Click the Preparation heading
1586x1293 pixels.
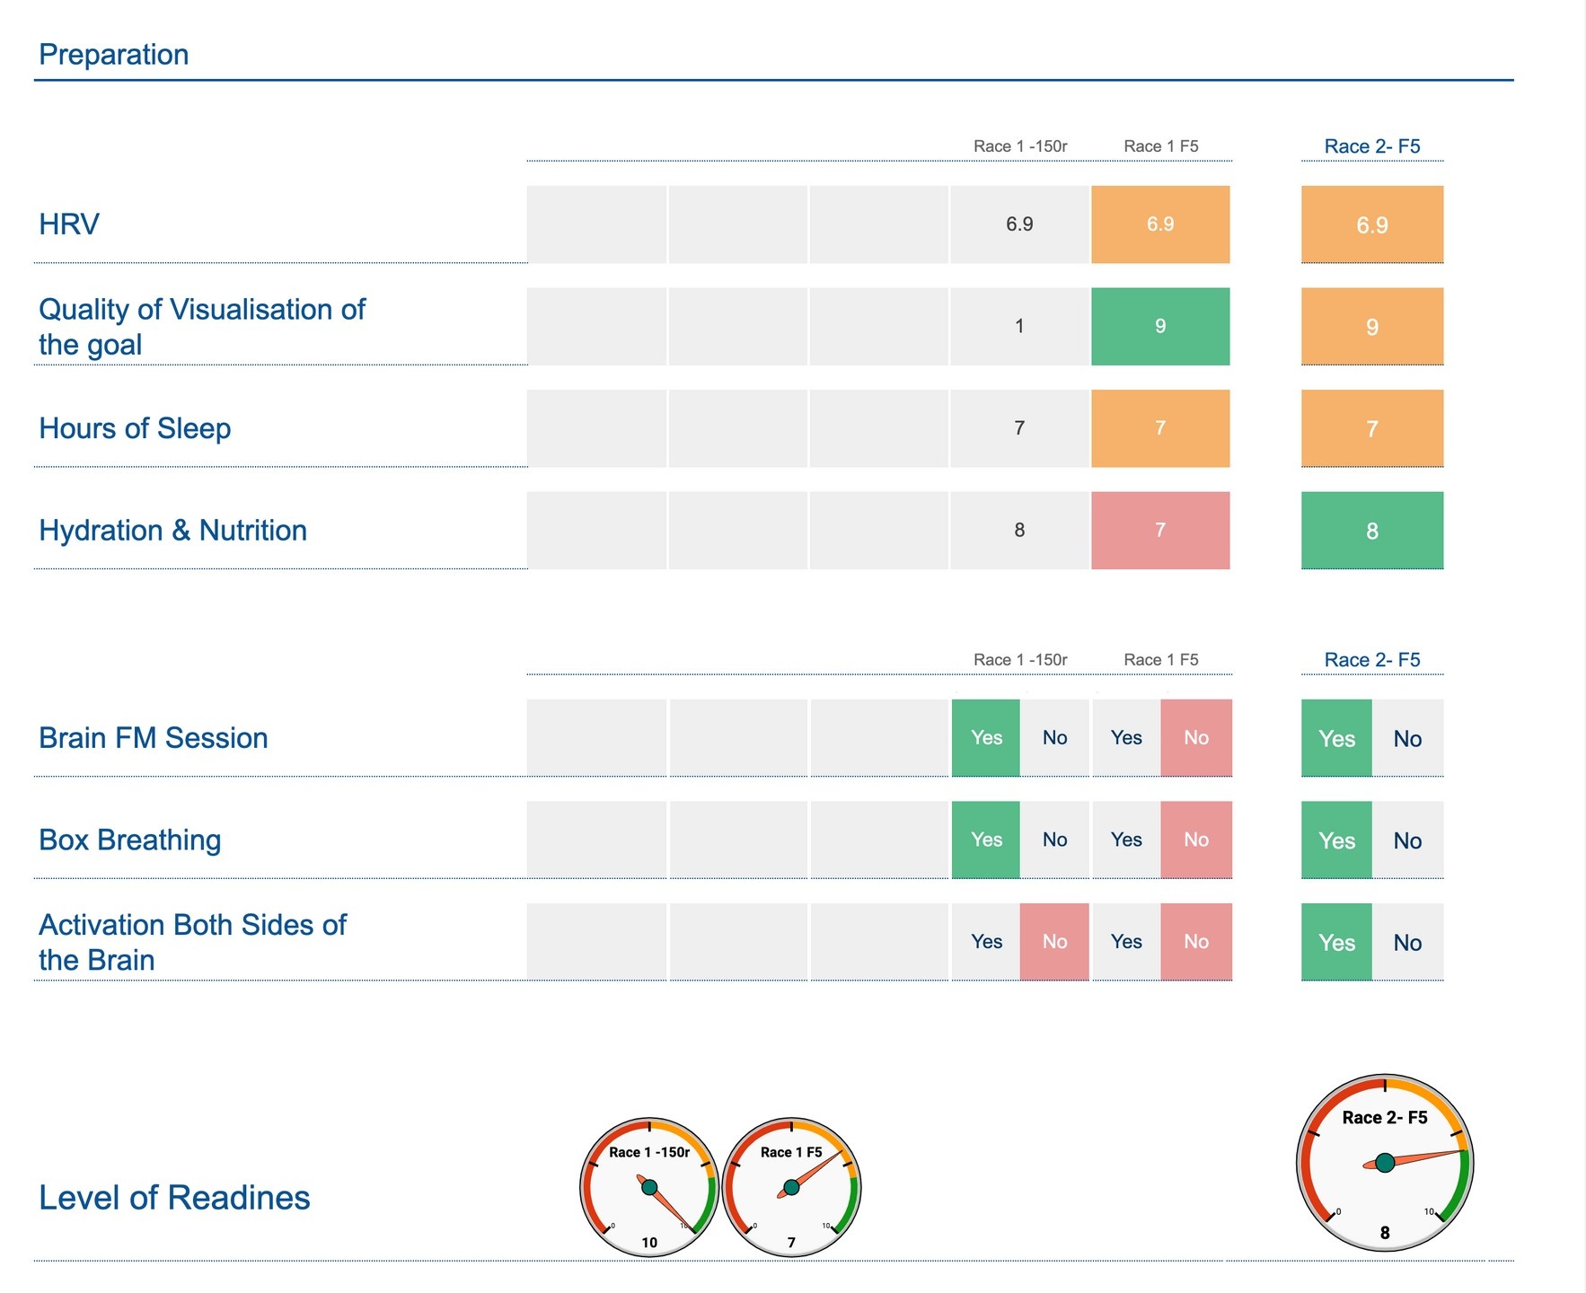114,55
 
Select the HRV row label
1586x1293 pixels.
69,224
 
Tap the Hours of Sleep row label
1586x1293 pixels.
135,428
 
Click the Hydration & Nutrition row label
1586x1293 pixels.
172,531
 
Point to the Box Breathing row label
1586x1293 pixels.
129,840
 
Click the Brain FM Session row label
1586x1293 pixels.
153,738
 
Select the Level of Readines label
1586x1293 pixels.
174,1198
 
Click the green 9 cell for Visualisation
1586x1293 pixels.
1160,326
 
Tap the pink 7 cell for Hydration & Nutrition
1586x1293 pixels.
1160,530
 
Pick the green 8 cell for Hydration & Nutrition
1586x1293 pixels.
1372,531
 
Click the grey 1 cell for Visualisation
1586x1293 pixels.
1019,326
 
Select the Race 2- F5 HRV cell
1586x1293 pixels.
1372,224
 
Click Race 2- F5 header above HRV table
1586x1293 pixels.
1372,146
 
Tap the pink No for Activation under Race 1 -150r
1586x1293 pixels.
1054,941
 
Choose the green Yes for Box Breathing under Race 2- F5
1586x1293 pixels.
1336,840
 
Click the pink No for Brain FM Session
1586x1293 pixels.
1196,738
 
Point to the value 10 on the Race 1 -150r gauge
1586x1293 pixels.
649,1243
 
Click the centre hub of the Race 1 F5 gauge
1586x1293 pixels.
791,1188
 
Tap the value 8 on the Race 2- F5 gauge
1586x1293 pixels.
1385,1233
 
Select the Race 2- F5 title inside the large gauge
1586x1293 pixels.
1385,1118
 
